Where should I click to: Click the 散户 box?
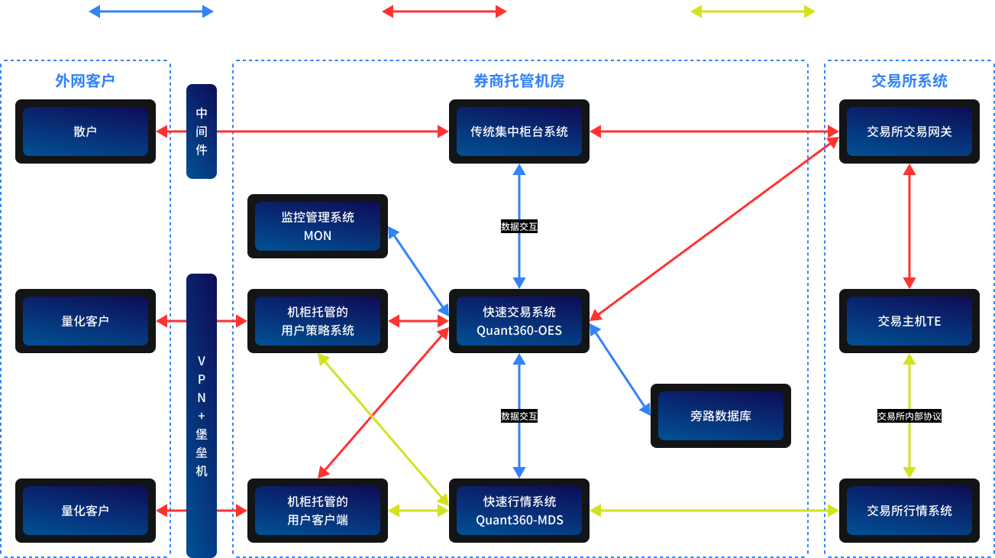(86, 131)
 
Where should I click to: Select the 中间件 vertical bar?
(202, 131)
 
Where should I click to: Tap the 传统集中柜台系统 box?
(519, 131)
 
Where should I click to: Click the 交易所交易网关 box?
(909, 131)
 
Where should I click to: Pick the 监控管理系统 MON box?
(318, 226)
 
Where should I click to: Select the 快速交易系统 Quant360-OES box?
(519, 321)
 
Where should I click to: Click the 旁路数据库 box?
(720, 416)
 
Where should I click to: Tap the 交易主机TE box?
(909, 321)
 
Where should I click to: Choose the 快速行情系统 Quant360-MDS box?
(519, 511)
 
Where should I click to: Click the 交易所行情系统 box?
(909, 511)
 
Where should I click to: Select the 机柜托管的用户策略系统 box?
(318, 321)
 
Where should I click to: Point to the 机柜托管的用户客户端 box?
(318, 511)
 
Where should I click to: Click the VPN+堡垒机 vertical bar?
(202, 416)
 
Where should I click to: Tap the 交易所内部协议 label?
(909, 417)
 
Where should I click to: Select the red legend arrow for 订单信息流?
(444, 11)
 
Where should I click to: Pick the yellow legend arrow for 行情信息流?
(752, 11)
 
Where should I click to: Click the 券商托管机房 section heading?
(519, 81)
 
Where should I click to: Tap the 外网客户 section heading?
(85, 81)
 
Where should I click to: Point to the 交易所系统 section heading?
(909, 81)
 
